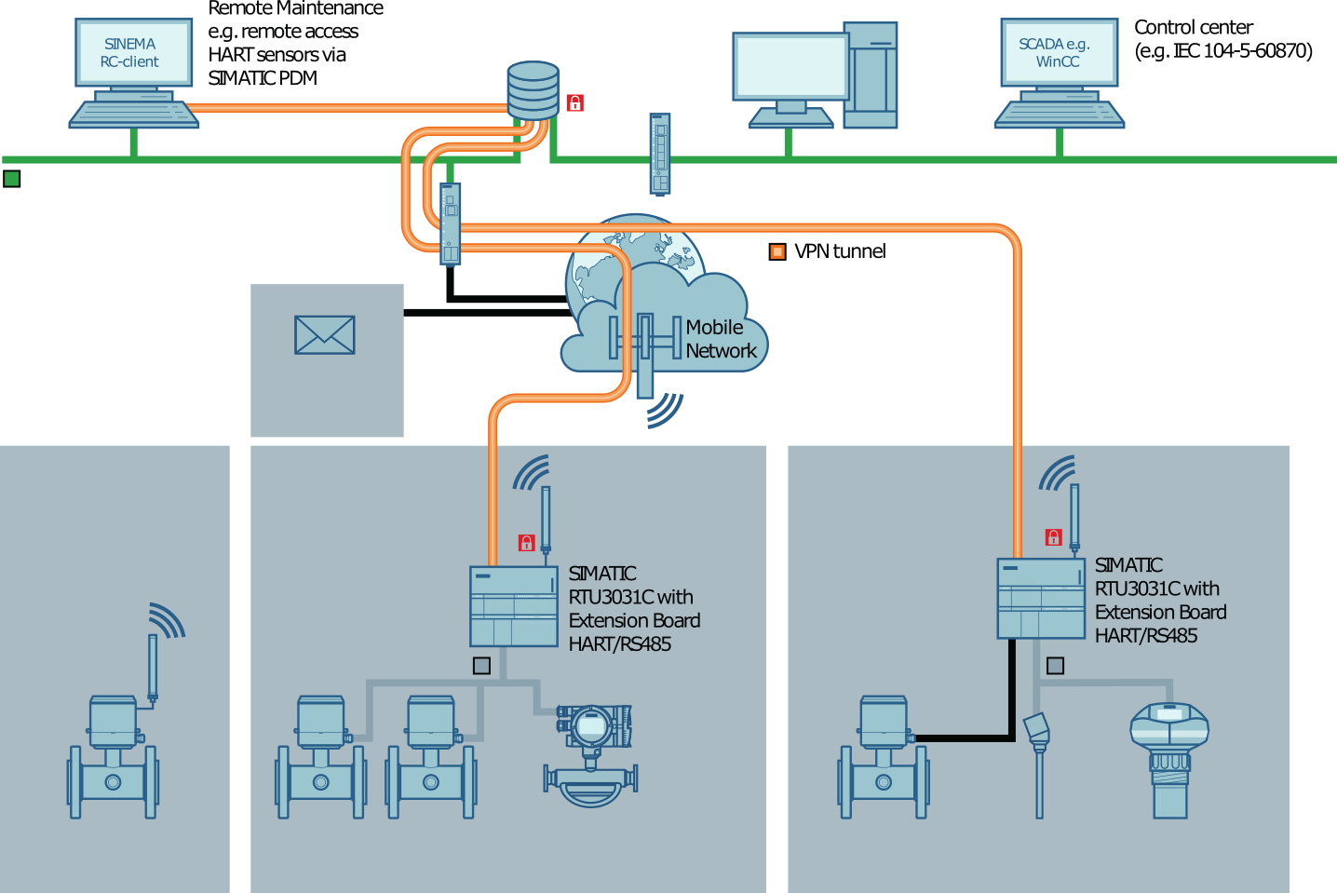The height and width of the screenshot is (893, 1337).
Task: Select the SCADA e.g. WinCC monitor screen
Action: pos(1058,53)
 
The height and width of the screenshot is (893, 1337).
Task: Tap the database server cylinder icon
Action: pos(533,90)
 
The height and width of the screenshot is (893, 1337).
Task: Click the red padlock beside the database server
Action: pos(575,103)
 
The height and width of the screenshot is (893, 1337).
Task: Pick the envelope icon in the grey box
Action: pos(324,335)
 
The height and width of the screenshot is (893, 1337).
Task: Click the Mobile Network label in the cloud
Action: pos(720,339)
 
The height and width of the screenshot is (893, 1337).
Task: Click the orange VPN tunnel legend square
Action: pos(777,251)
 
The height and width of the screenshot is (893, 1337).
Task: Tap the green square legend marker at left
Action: pos(12,179)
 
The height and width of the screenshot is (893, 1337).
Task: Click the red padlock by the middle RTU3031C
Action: pos(526,543)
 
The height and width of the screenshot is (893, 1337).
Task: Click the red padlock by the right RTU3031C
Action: pos(1053,537)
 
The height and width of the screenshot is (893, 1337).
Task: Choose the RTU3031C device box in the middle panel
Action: pos(513,606)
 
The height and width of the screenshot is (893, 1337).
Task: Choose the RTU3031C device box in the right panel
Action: pos(1040,598)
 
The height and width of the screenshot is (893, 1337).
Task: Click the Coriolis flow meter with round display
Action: pos(590,755)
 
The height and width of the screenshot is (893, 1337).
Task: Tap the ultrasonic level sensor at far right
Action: pos(1168,759)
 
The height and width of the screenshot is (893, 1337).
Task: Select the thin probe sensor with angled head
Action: pos(1037,764)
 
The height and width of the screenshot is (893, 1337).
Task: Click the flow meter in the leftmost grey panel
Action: pos(113,757)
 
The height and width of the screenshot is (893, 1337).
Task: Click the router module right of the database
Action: pos(659,154)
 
